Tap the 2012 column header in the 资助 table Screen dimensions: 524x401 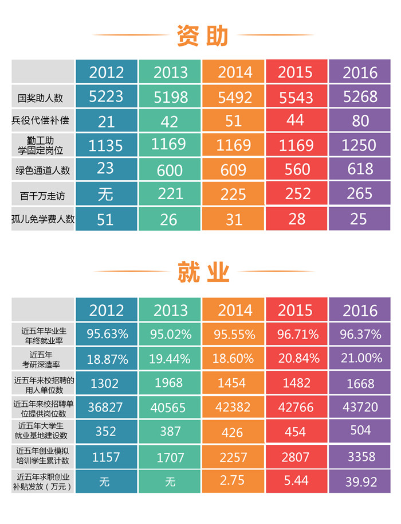click(x=107, y=72)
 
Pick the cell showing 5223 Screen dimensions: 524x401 click(x=107, y=97)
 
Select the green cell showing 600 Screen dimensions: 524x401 click(x=170, y=170)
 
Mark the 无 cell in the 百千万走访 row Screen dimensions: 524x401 click(x=105, y=195)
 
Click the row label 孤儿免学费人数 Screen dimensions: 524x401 click(x=44, y=219)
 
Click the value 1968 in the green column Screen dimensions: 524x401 click(x=170, y=383)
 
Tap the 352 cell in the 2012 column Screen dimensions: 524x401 click(x=105, y=431)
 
